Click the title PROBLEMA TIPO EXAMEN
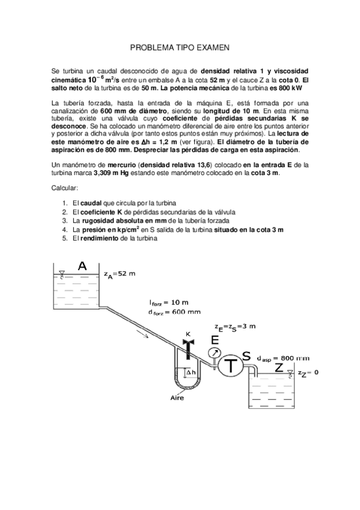(x=180, y=46)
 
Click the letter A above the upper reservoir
(x=82, y=265)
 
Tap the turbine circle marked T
(x=231, y=364)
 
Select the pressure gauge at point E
(x=215, y=352)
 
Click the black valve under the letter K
(x=187, y=348)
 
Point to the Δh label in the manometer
(x=189, y=373)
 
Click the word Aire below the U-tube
(x=178, y=398)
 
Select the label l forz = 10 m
(x=168, y=302)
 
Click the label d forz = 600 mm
(x=174, y=312)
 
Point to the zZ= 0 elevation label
(x=308, y=373)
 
